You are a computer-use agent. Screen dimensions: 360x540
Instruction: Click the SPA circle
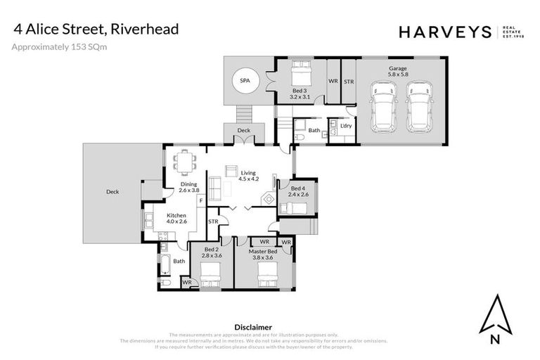[x=244, y=82]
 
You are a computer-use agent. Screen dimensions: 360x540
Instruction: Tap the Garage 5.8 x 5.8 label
[x=398, y=71]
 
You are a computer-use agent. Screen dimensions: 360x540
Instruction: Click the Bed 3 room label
[x=300, y=94]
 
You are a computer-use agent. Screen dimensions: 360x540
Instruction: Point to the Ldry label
[x=345, y=126]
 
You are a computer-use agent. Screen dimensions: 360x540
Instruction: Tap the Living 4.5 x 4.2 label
[x=248, y=176]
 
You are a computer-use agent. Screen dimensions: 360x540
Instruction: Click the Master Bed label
[x=267, y=254]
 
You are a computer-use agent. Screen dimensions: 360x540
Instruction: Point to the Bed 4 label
[x=299, y=191]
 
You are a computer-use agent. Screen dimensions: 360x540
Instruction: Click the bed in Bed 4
[x=296, y=208]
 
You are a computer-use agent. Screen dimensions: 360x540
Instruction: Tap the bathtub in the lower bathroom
[x=165, y=264]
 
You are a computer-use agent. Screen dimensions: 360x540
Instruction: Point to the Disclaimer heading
[x=252, y=327]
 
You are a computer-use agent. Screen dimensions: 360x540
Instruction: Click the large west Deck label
[x=112, y=191]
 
